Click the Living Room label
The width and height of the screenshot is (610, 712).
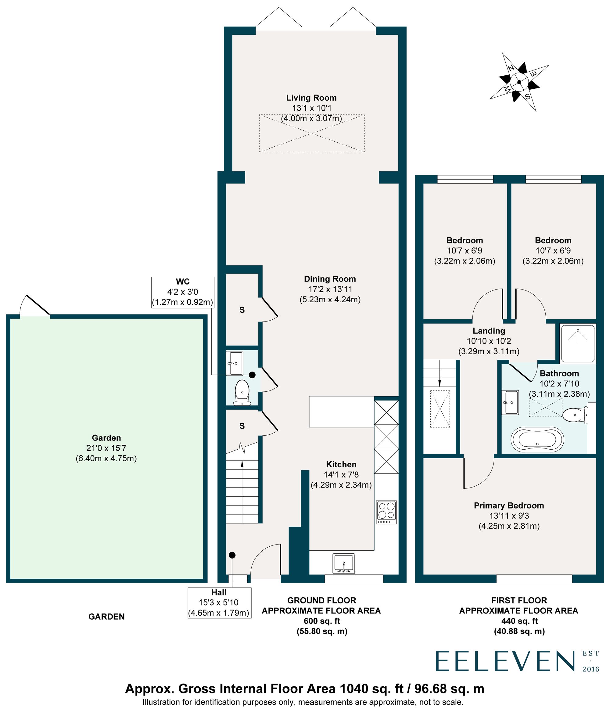point(311,98)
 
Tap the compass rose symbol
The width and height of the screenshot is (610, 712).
point(518,82)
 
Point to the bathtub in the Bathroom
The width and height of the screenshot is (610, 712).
point(537,439)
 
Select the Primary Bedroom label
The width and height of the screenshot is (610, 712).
point(509,506)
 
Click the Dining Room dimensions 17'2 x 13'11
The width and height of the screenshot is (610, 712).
point(330,289)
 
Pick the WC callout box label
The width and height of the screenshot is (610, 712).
point(182,282)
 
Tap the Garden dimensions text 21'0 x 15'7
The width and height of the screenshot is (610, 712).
point(106,448)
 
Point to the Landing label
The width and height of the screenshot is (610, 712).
point(489,331)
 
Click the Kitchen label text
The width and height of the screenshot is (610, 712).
point(341,465)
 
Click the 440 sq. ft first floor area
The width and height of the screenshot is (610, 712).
point(519,621)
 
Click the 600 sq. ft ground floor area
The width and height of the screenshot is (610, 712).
point(322,621)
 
